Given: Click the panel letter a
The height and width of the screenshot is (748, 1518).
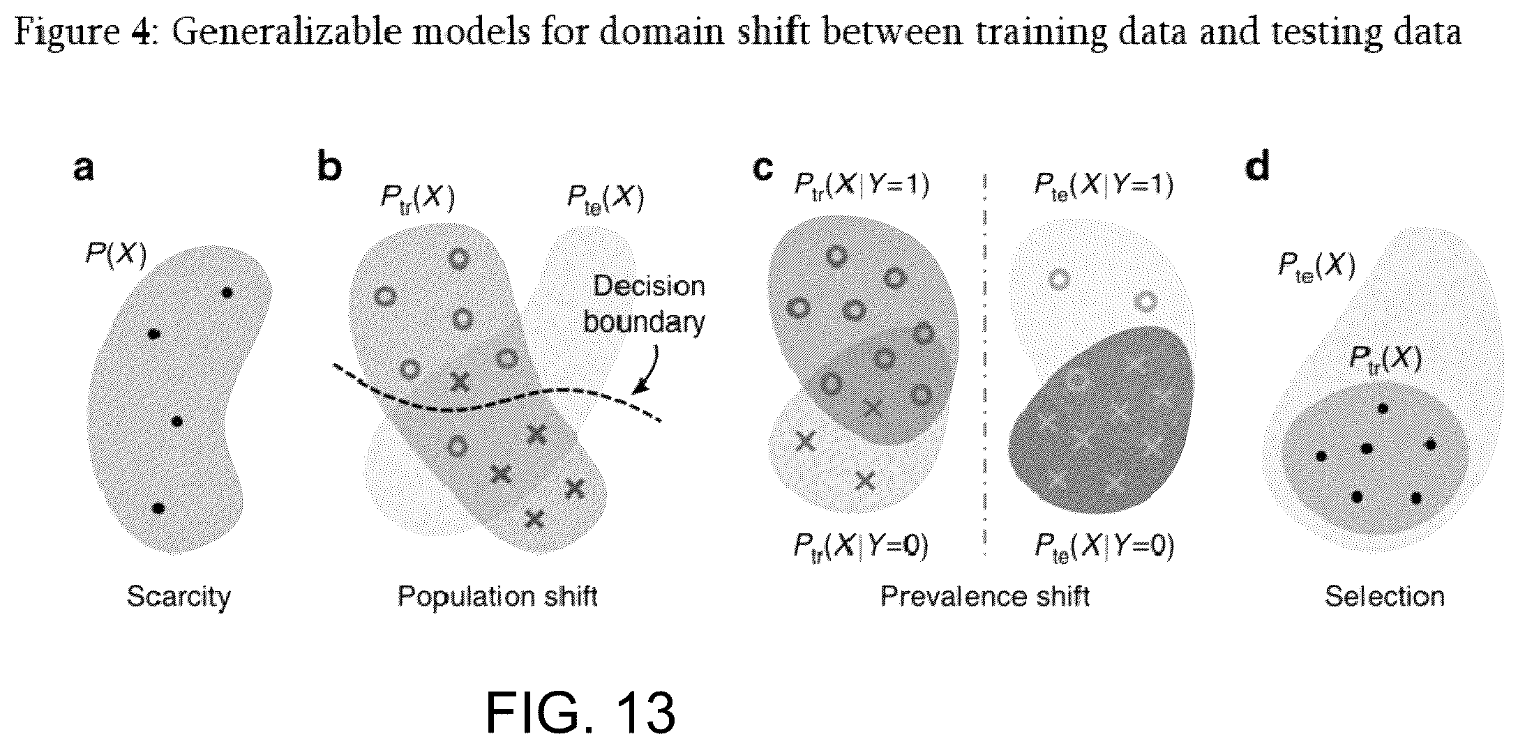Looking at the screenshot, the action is click(84, 168).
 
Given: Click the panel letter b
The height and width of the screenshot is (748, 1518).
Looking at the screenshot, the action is click(330, 167).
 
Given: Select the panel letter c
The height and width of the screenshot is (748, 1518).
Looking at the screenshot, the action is click(764, 168).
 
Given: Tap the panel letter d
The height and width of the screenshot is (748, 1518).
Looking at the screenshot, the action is click(1257, 167).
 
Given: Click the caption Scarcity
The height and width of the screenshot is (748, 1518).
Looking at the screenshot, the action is click(179, 597).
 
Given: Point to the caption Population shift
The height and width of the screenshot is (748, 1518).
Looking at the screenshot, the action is click(497, 597).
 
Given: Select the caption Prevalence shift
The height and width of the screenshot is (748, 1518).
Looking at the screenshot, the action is click(984, 596).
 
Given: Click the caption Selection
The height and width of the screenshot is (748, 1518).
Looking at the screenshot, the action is click(1385, 596).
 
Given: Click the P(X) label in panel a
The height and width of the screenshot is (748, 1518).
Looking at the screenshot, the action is click(116, 255).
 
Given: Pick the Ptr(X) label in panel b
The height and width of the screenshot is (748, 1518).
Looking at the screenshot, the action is click(417, 198).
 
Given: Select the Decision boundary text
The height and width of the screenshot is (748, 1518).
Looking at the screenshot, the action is click(644, 304).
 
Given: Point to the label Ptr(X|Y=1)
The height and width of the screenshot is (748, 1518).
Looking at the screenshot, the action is click(862, 185).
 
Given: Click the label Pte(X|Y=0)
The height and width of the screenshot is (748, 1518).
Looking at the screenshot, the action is click(1104, 547).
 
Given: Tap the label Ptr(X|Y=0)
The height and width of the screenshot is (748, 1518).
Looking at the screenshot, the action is click(861, 546).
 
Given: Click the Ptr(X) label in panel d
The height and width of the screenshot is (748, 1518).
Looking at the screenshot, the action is click(1385, 358).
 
